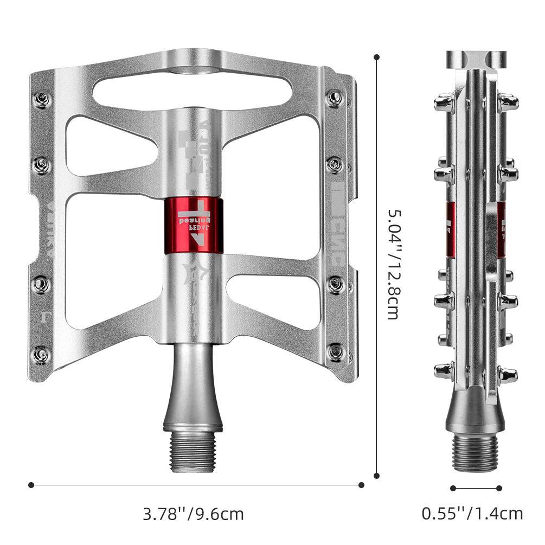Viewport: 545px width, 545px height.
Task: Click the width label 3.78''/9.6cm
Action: (193, 513)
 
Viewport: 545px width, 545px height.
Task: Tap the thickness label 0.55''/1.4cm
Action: (472, 513)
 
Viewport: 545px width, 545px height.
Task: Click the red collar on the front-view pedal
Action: (193, 226)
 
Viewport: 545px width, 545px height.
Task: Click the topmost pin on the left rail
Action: (42, 99)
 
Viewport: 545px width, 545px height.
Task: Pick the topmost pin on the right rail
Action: (335, 98)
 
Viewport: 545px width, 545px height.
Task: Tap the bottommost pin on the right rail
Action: (336, 351)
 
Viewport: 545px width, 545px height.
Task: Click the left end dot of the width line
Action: (31, 484)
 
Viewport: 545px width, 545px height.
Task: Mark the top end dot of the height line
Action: (377, 56)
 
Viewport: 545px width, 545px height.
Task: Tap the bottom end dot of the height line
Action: (377, 476)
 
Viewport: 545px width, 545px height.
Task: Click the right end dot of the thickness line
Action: (499, 488)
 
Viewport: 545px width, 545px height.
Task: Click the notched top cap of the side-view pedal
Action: (476, 60)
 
